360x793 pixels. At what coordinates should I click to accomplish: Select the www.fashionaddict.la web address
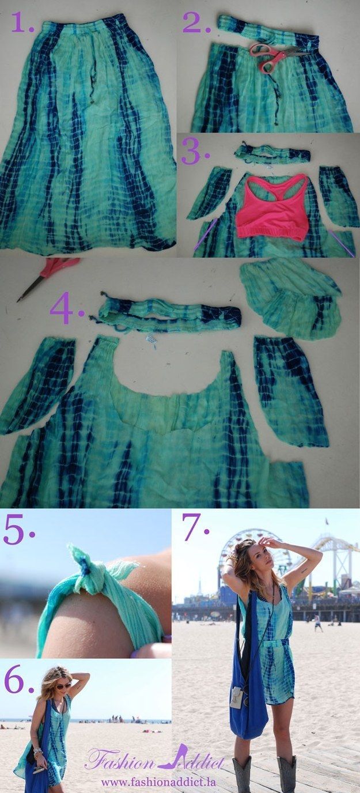[156, 782]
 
